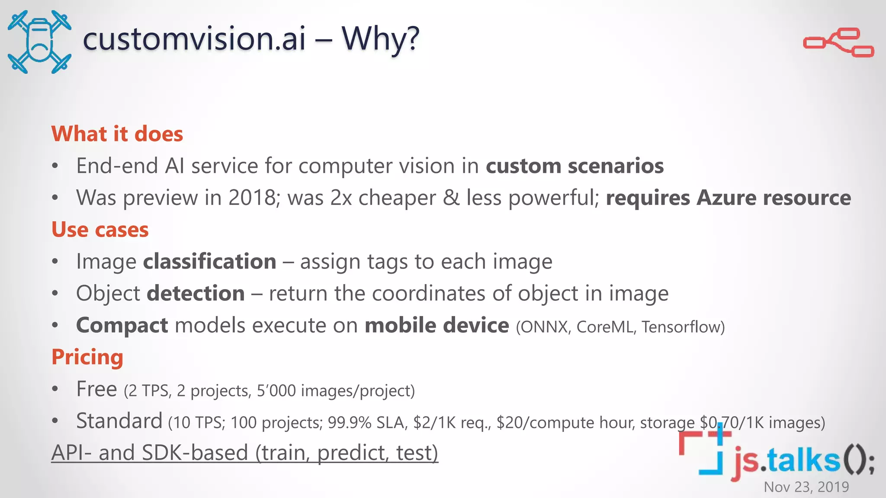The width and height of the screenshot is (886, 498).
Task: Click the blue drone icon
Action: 39,42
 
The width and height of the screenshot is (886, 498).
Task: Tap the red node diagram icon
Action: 838,42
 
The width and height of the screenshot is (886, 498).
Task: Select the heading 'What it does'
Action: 117,134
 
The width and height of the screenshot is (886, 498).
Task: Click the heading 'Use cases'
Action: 100,230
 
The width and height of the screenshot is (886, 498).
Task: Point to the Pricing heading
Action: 87,357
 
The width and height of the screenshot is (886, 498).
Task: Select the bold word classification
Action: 210,262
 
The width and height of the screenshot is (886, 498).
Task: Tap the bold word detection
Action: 196,294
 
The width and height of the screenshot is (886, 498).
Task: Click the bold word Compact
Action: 122,325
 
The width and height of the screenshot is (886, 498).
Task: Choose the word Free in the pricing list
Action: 96,389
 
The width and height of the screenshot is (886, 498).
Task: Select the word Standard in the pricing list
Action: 119,421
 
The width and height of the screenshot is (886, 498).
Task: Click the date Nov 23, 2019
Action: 806,487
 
